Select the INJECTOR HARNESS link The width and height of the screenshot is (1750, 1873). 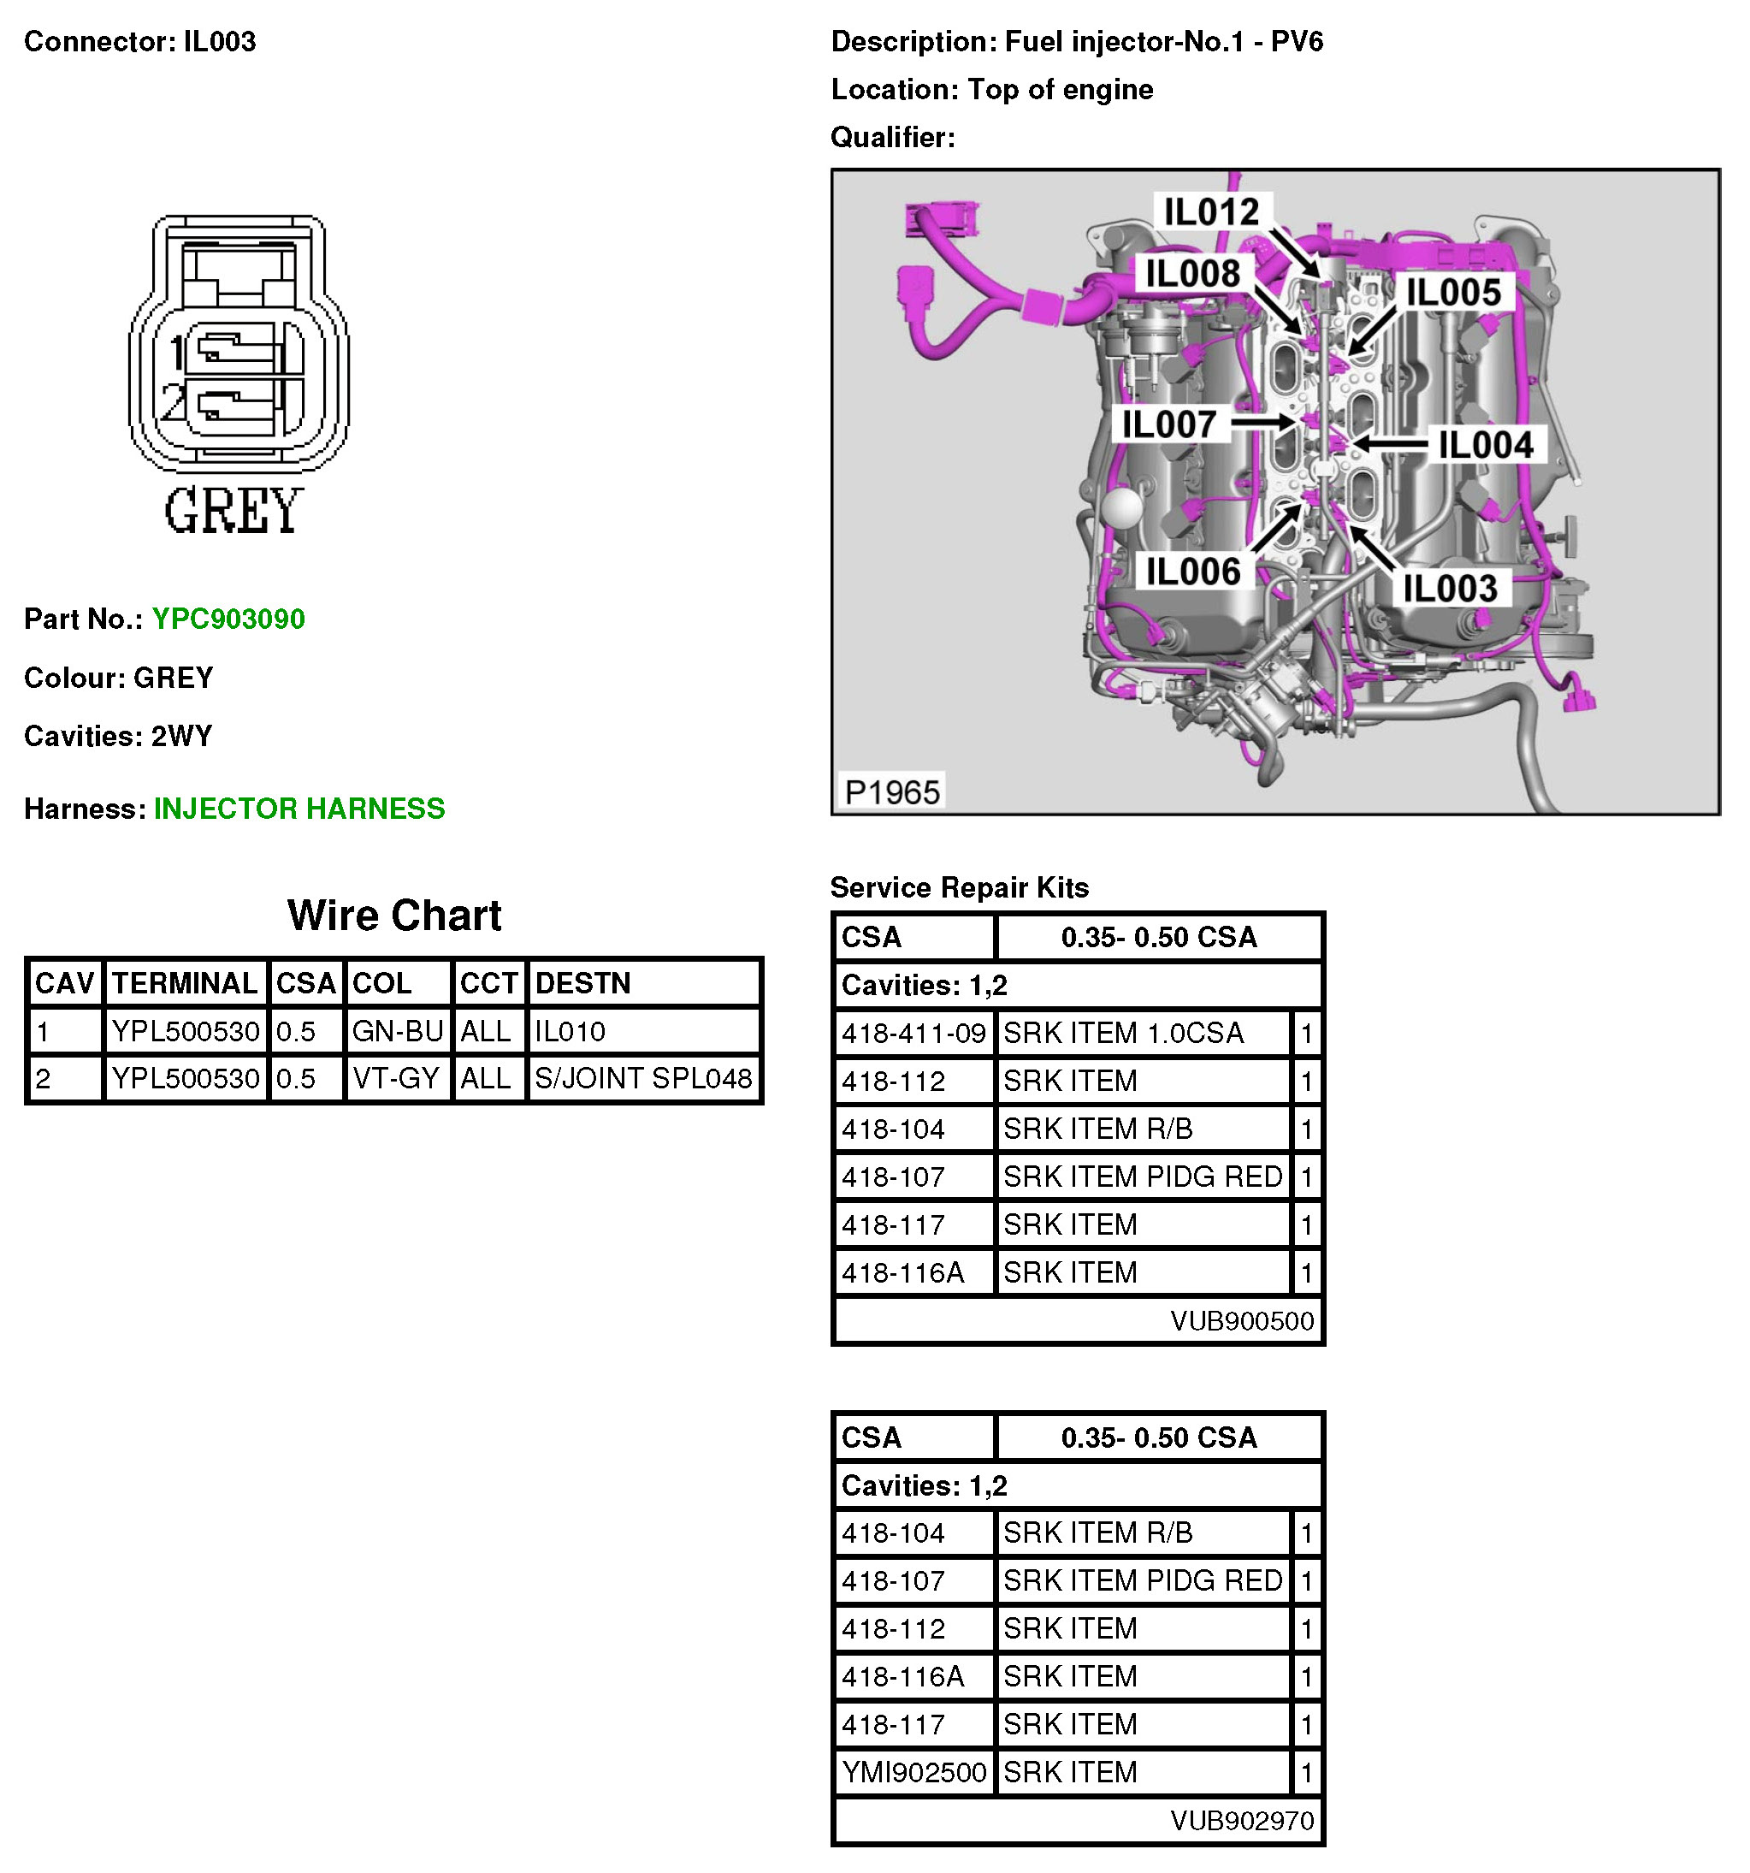coord(299,809)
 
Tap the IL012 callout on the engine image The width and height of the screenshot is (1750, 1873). coord(1211,212)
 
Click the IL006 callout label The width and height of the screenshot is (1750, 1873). coord(1192,572)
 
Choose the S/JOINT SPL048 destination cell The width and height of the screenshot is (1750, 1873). coord(642,1079)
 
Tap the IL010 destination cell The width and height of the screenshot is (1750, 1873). coord(570,1032)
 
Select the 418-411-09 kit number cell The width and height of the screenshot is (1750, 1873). coord(913,1034)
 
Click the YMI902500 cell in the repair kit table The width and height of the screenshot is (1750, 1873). coord(913,1773)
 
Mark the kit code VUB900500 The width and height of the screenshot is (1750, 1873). coord(1241,1321)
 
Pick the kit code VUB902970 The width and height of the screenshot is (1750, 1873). coord(1241,1821)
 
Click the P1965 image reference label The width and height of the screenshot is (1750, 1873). coord(891,792)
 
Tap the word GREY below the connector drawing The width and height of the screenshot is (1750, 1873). coord(234,512)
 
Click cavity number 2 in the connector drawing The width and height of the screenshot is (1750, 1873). coord(173,402)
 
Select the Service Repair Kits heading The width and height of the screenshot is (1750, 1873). coord(959,887)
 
